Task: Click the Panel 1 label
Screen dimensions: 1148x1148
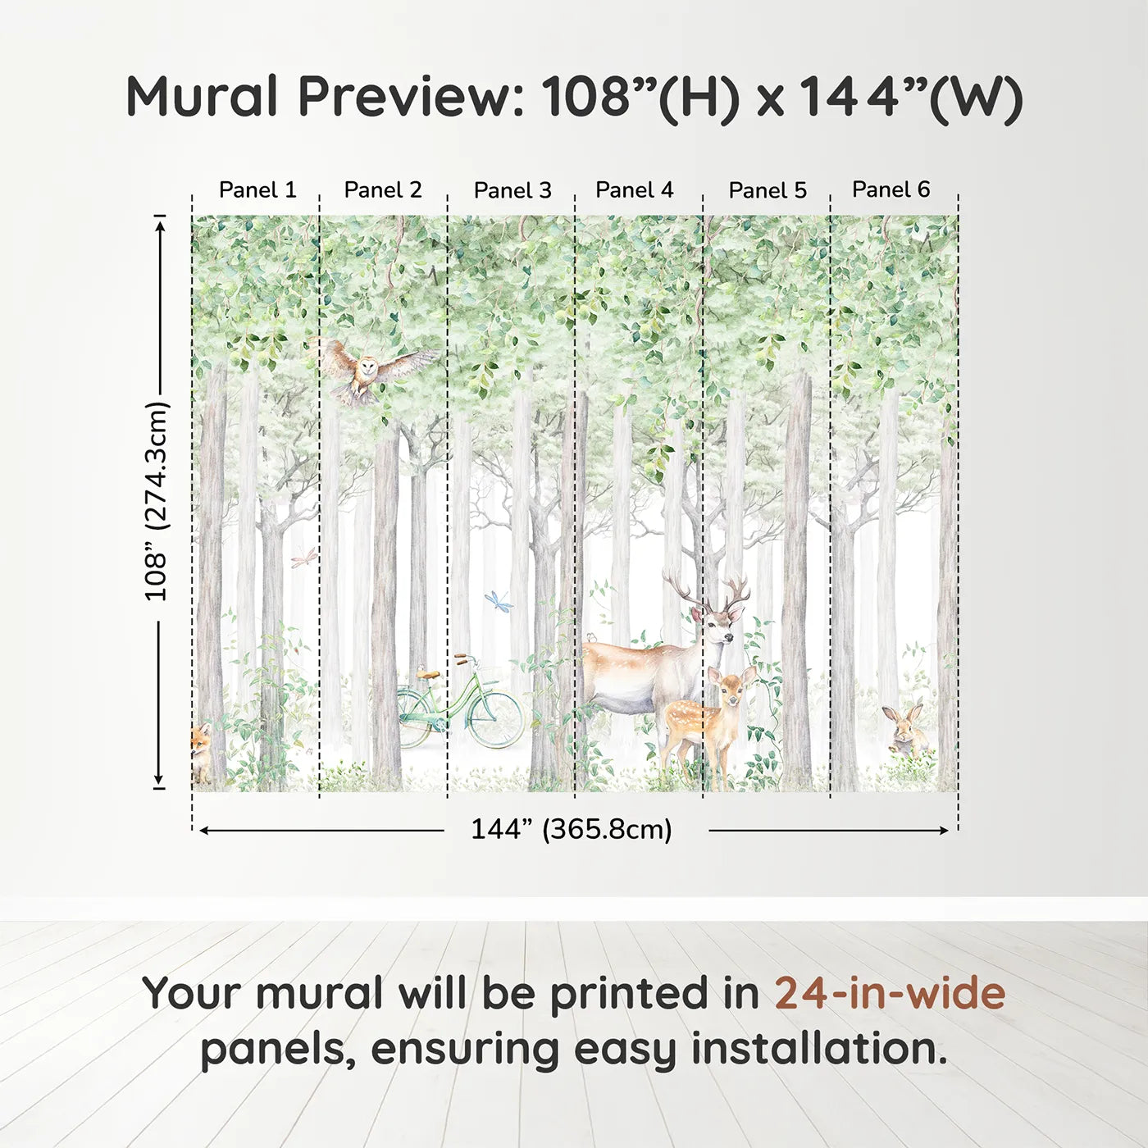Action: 257,190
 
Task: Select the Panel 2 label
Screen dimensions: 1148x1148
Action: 383,190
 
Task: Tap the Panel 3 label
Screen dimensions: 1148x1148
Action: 512,191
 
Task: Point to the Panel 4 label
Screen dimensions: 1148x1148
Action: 634,190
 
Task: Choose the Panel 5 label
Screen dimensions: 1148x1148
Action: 768,191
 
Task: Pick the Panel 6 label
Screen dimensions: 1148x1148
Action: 891,189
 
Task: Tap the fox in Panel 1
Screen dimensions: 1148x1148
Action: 200,750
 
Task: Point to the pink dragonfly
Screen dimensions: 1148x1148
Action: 303,558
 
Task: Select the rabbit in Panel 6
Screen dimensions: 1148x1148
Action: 905,730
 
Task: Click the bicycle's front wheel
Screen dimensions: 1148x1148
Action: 495,720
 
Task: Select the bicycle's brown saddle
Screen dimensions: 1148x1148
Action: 427,674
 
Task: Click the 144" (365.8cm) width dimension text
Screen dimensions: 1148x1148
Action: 571,830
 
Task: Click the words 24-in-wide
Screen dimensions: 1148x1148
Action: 890,993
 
